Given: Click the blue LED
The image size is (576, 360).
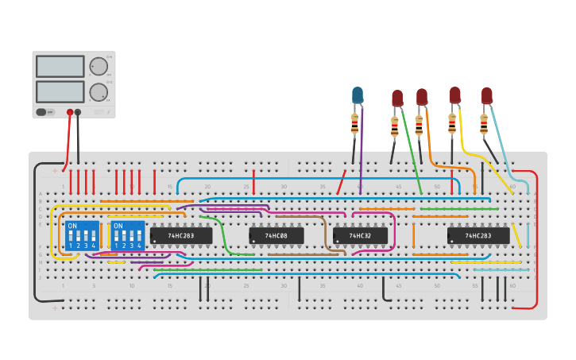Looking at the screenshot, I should tap(358, 95).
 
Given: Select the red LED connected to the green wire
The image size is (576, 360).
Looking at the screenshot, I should tap(397, 99).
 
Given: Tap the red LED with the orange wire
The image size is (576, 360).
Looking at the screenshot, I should tap(422, 97).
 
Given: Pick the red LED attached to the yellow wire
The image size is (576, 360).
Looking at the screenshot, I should tap(454, 95).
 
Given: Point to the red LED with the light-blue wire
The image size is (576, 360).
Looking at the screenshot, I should tap(486, 96).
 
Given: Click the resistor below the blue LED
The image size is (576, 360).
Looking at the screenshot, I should tap(355, 123).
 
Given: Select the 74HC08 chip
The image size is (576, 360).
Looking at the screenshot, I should tap(276, 236).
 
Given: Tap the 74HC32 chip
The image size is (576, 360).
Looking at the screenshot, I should tap(360, 236).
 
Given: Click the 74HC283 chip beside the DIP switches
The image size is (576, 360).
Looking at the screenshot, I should tap(181, 236).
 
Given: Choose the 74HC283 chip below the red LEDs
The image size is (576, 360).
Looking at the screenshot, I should tap(477, 236).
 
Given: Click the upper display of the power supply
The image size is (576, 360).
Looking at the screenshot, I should tap(60, 66).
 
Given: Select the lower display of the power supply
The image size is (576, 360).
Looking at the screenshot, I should tap(60, 91).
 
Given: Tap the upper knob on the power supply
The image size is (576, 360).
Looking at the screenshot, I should tap(98, 66).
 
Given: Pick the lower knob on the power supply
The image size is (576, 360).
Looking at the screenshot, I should tap(98, 92).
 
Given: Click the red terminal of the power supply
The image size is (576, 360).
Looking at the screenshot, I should tap(70, 113).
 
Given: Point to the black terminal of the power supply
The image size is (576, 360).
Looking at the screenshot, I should tap(78, 113).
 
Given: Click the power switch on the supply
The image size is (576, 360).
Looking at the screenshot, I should tap(45, 112).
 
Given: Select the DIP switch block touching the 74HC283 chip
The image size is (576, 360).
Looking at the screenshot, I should tap(128, 236).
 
